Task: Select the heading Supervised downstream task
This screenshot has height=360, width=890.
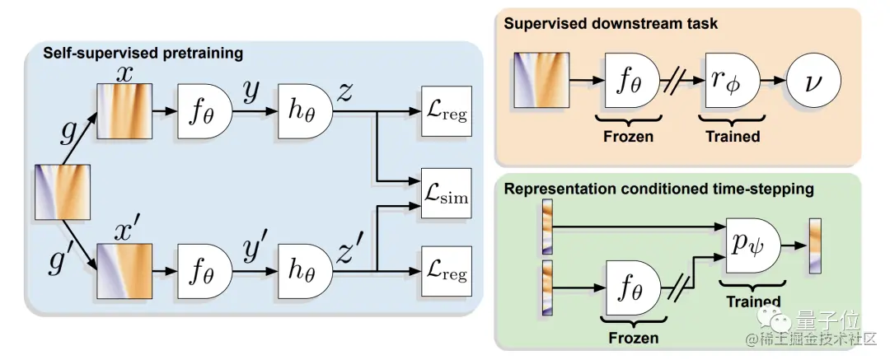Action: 611,23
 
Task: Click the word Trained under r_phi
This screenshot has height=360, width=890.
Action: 733,137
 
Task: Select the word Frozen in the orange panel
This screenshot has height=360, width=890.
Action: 629,137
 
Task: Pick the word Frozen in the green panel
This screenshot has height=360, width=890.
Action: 633,339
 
